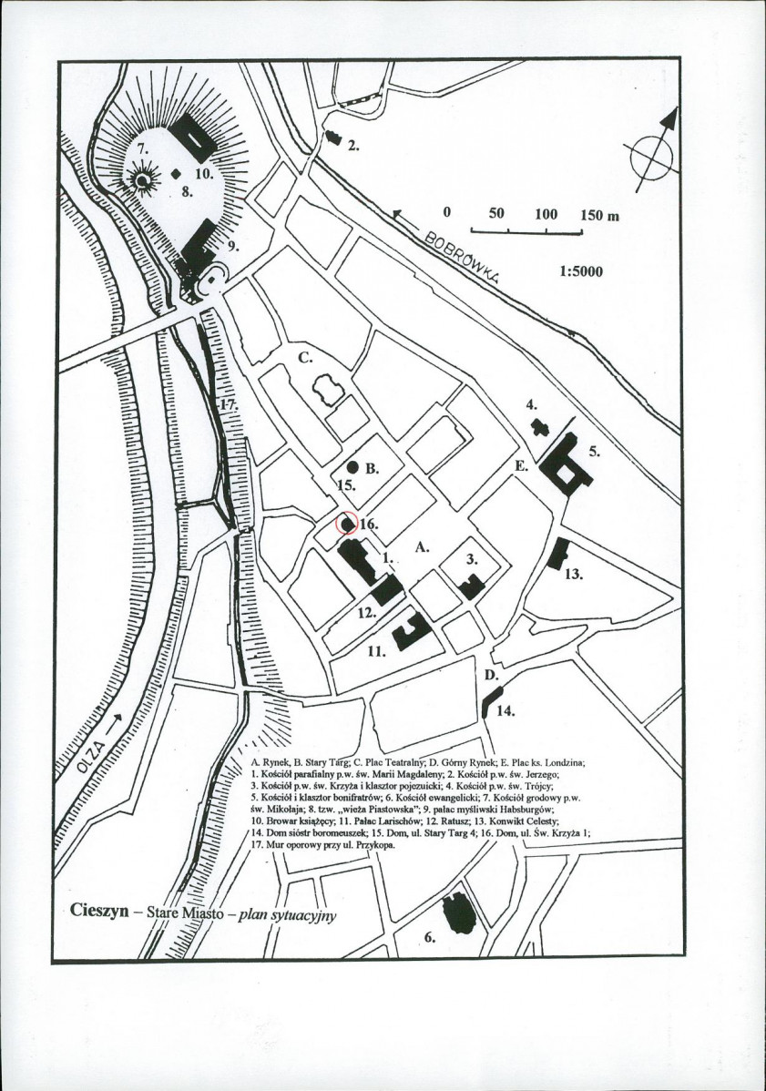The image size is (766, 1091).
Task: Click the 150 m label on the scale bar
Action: pyautogui.click(x=598, y=216)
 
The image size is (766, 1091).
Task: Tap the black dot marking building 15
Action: pyautogui.click(x=352, y=465)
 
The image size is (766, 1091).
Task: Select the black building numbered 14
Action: pyautogui.click(x=490, y=703)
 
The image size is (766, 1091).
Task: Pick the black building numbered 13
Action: pyautogui.click(x=557, y=554)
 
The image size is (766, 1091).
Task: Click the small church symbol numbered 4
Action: pyautogui.click(x=537, y=426)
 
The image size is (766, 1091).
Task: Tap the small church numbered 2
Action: pyautogui.click(x=332, y=138)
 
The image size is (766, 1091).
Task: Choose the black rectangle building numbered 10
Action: pyautogui.click(x=195, y=136)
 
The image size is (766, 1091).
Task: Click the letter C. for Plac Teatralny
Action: pyautogui.click(x=307, y=358)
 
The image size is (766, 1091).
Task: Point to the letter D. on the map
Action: pyautogui.click(x=491, y=677)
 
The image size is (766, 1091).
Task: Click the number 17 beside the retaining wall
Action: pyautogui.click(x=227, y=400)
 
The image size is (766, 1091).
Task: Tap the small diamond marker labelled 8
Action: pyautogui.click(x=177, y=173)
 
